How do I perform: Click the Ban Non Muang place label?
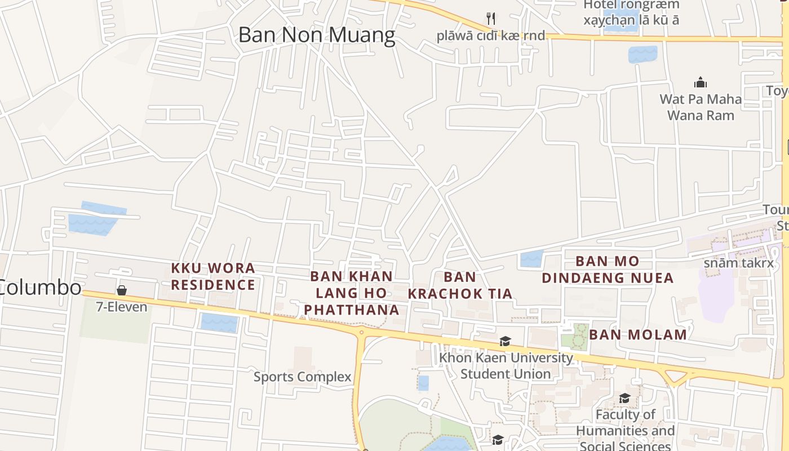317,35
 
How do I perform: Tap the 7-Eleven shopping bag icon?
121,291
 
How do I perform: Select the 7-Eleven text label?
121,307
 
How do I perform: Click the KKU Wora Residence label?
213,276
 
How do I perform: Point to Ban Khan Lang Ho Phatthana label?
352,293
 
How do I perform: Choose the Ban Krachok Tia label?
460,285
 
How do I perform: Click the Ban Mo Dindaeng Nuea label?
608,269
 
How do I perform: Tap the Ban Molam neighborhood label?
638,334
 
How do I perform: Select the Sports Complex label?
302,377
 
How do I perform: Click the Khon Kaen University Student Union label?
506,365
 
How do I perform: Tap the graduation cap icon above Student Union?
505,342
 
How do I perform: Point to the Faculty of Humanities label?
625,430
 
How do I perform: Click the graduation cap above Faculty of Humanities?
624,399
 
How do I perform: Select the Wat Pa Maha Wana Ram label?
701,107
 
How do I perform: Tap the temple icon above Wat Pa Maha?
701,82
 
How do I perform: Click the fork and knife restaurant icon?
491,19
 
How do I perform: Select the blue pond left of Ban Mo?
531,259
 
